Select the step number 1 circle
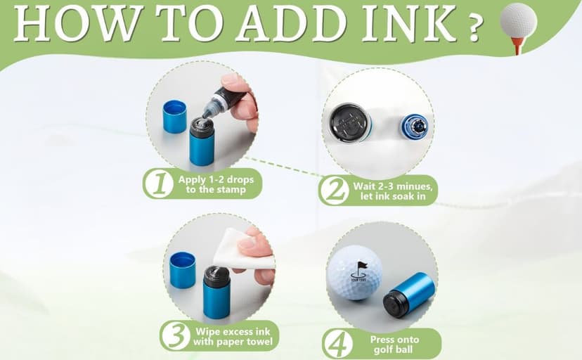click(x=160, y=184)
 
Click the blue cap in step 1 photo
click(x=174, y=117)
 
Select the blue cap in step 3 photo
click(x=183, y=270)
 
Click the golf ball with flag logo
click(x=354, y=272)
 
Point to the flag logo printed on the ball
click(x=359, y=271)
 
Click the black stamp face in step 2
click(x=349, y=120)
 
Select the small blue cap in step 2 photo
click(x=416, y=124)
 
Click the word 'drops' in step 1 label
click(x=240, y=179)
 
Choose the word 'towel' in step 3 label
click(x=260, y=342)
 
